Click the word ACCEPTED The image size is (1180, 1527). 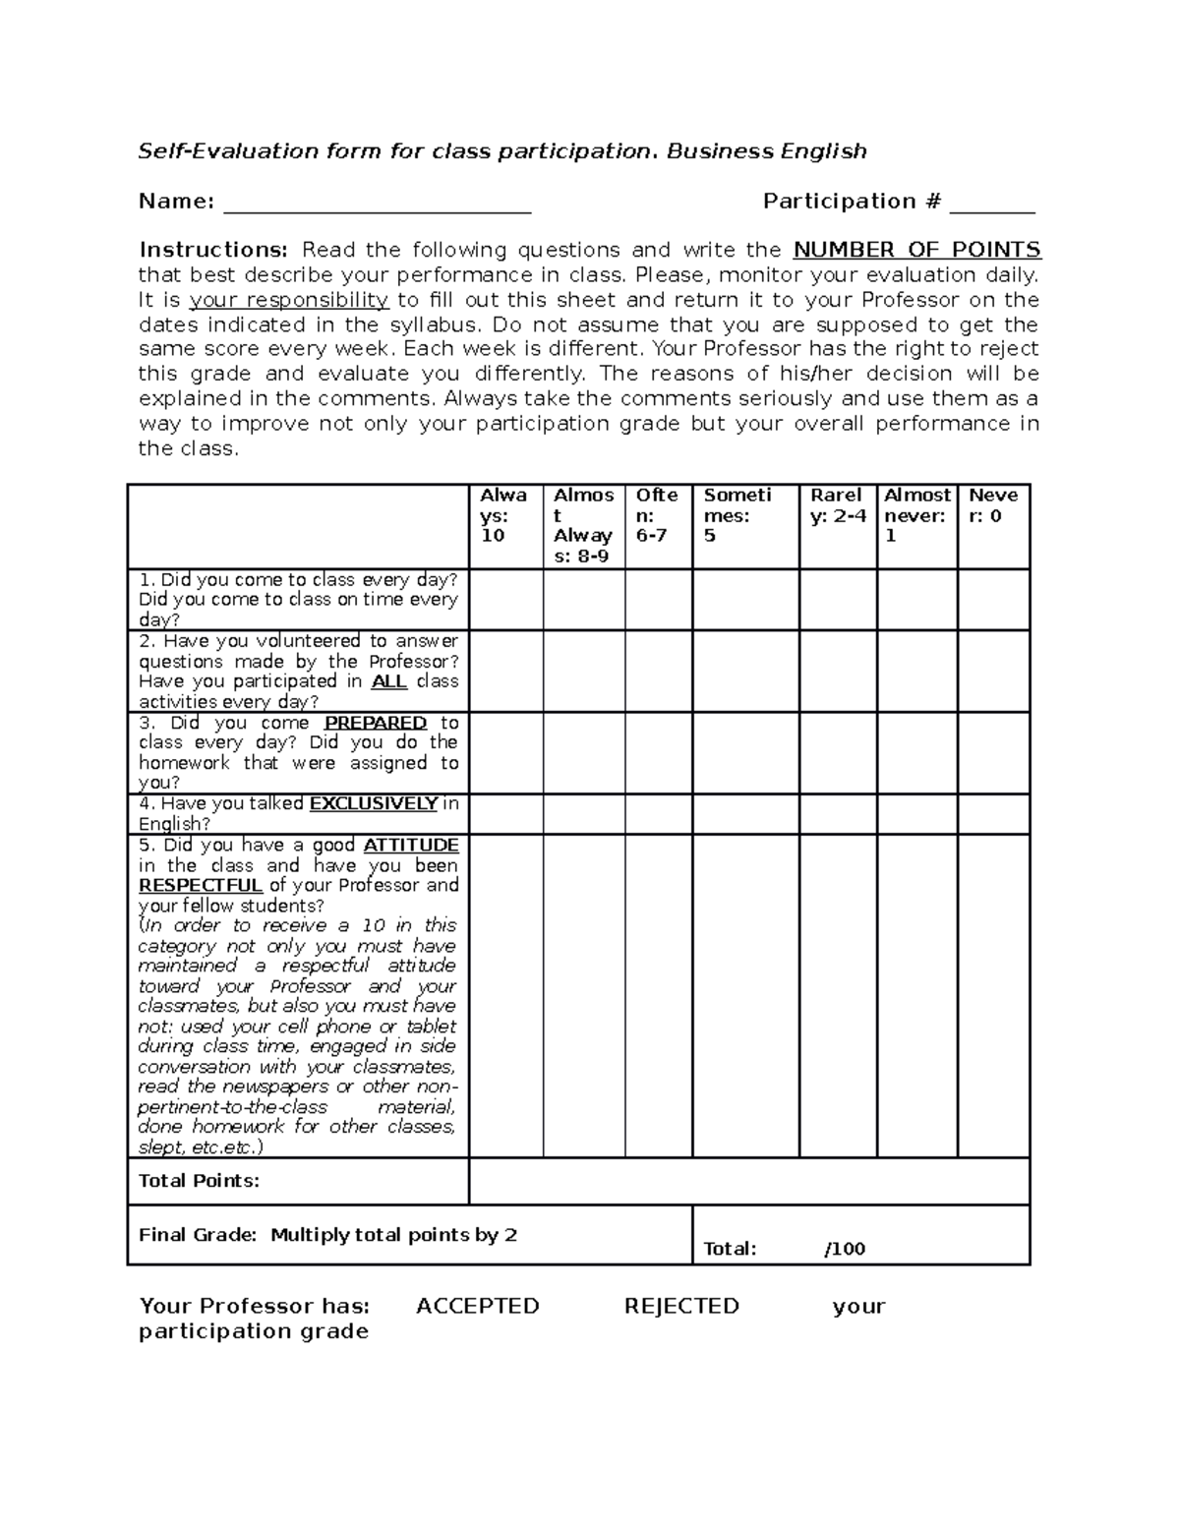pyautogui.click(x=478, y=1306)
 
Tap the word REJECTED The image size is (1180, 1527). pyautogui.click(x=681, y=1306)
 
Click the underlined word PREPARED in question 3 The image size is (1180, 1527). pyautogui.click(x=376, y=723)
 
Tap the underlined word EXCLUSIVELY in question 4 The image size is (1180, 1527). pyautogui.click(x=374, y=803)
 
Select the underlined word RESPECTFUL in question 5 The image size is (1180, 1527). pyautogui.click(x=201, y=885)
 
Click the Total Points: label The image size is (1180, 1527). pyautogui.click(x=200, y=1180)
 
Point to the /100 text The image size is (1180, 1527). pyautogui.click(x=845, y=1249)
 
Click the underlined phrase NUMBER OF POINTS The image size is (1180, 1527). pyautogui.click(x=916, y=250)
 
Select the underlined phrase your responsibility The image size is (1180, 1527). pyautogui.click(x=289, y=300)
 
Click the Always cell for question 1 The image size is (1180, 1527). pyautogui.click(x=505, y=600)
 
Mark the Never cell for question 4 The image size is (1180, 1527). pyautogui.click(x=993, y=814)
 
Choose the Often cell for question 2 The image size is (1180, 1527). pyautogui.click(x=658, y=671)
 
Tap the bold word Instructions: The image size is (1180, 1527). pyautogui.click(x=213, y=250)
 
